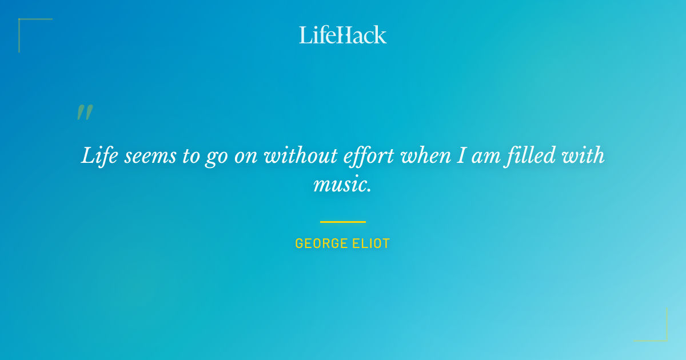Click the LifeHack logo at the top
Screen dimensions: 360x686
coord(343,35)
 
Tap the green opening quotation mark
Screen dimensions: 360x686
coord(84,113)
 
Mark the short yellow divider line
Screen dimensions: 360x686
coord(343,222)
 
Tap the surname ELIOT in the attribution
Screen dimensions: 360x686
coord(371,243)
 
